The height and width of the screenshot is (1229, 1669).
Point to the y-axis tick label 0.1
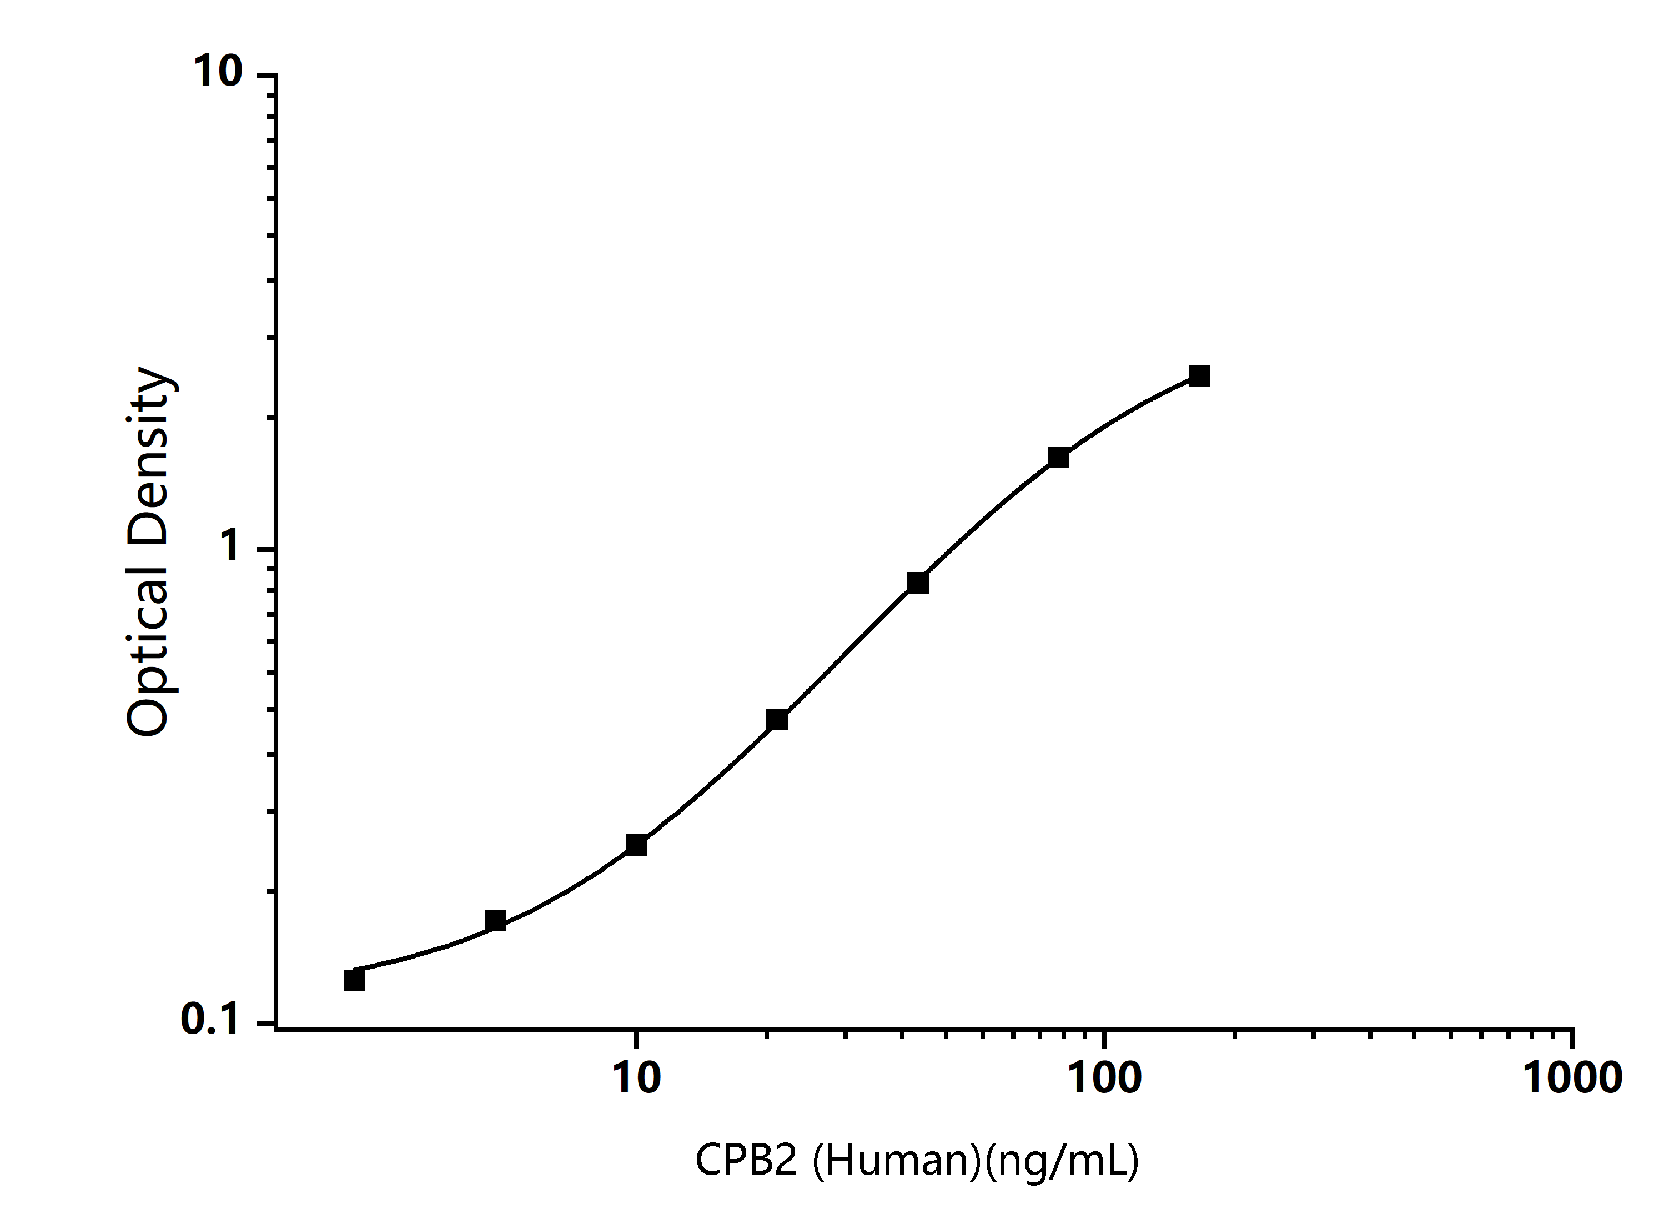coord(210,1019)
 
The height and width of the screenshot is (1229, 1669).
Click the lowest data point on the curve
coord(354,981)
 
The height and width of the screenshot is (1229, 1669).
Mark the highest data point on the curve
coord(1199,375)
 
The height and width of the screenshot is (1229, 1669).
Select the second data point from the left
coord(495,920)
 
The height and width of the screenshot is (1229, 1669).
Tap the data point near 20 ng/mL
coord(777,719)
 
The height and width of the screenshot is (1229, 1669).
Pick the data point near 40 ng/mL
coord(918,583)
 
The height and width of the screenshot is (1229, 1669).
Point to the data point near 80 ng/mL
coord(1058,458)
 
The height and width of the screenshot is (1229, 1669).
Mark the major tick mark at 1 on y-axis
coord(267,550)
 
